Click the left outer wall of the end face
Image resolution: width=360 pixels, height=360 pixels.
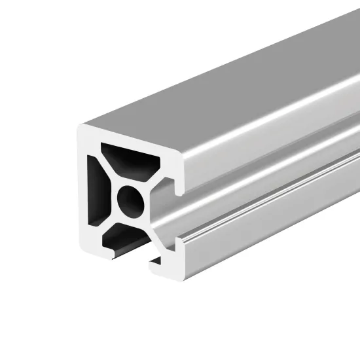83,190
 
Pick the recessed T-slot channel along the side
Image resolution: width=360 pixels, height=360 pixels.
262,190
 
